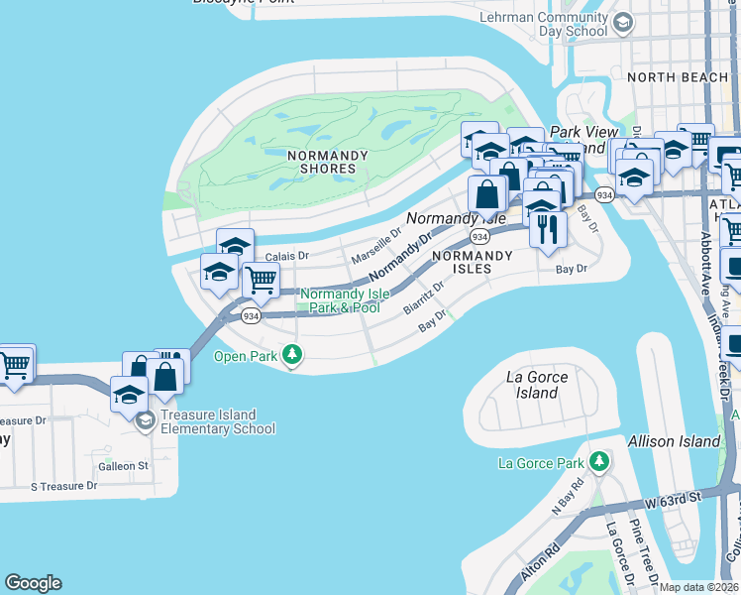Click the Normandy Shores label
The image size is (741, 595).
[327, 162]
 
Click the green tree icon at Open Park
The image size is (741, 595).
[291, 354]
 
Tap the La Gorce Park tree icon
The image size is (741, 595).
[598, 462]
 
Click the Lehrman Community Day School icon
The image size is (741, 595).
[623, 23]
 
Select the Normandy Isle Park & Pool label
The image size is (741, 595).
[340, 300]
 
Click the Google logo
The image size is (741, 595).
[33, 582]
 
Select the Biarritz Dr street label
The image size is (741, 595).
[423, 297]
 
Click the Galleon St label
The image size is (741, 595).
[123, 465]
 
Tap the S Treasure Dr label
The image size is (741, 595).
[63, 486]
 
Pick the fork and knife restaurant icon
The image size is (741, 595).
[547, 229]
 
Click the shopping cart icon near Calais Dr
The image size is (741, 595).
[261, 280]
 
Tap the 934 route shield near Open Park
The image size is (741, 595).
[251, 315]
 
